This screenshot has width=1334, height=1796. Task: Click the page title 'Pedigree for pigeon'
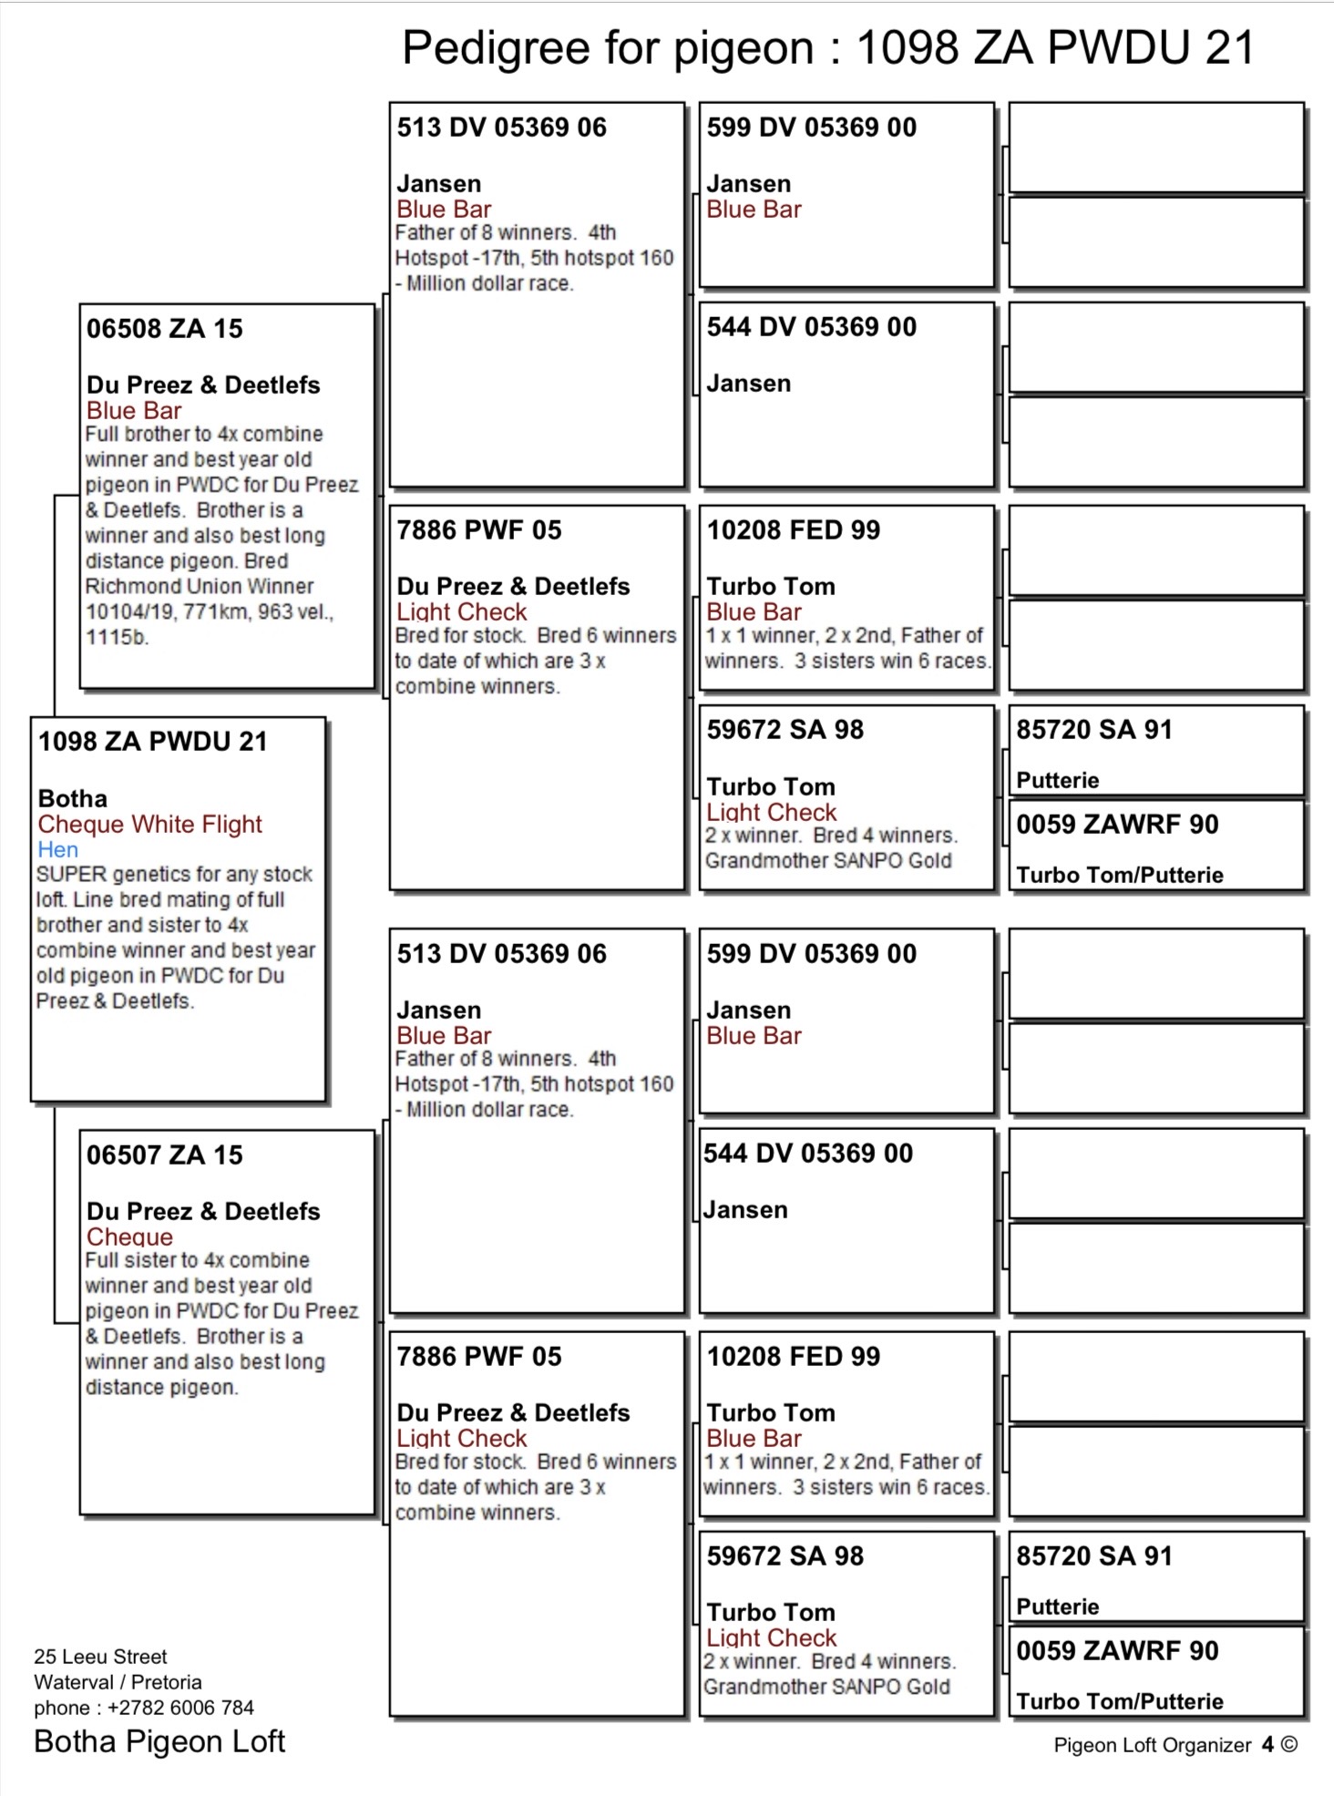click(x=608, y=47)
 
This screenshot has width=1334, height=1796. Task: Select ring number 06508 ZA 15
click(x=164, y=328)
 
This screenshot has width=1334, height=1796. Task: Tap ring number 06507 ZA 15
click(x=164, y=1155)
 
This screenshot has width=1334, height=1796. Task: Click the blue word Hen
click(x=57, y=849)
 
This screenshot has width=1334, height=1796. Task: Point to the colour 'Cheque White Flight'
click(x=149, y=824)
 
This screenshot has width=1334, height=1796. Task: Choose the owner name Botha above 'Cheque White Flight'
click(x=72, y=798)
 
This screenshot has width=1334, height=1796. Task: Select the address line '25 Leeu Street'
click(x=100, y=1656)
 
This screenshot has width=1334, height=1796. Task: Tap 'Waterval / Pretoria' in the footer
click(x=118, y=1681)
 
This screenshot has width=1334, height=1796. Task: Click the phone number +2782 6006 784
click(x=180, y=1707)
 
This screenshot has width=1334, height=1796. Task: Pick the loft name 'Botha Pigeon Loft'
click(x=159, y=1741)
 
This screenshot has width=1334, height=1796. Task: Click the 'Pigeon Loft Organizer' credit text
click(x=1152, y=1744)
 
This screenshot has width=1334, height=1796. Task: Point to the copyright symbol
click(x=1288, y=1744)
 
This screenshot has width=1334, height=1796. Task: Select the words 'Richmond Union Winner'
click(x=199, y=586)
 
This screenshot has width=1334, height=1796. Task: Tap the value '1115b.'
click(x=117, y=637)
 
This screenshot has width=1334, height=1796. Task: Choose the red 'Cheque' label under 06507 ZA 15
click(x=129, y=1237)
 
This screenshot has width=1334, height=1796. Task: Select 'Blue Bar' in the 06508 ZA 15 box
click(x=134, y=410)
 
